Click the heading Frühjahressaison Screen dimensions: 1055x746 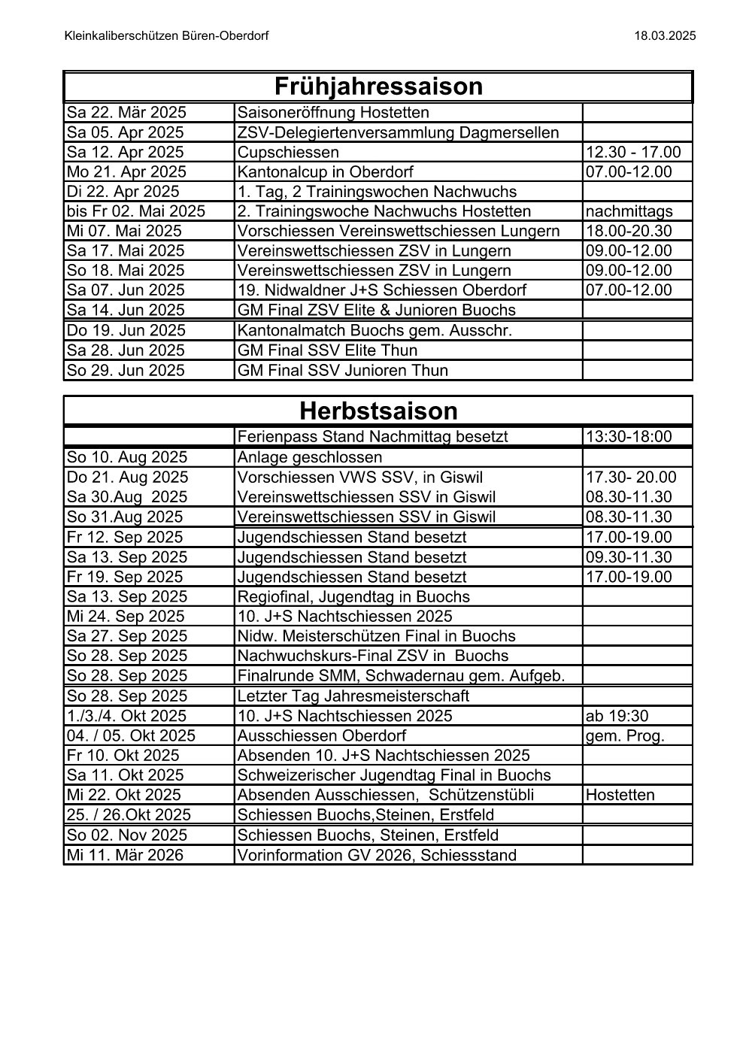(x=378, y=86)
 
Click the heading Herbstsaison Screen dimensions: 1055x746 (x=378, y=411)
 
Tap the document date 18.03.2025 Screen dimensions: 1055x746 (x=665, y=35)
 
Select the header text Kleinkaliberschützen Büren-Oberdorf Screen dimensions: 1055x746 (x=167, y=35)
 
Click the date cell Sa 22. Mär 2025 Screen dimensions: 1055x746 (x=126, y=113)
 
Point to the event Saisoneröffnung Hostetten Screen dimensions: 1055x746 (x=333, y=113)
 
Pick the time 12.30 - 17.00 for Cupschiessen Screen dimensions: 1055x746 (x=633, y=153)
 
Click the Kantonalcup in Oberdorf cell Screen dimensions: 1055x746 (x=325, y=172)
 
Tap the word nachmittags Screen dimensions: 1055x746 (x=629, y=211)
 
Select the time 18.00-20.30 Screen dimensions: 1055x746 (x=629, y=231)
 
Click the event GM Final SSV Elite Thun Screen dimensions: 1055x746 (x=327, y=350)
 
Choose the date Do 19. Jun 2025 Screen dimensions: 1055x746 (x=126, y=330)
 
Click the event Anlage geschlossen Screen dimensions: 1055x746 (x=310, y=457)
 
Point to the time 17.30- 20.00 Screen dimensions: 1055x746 (x=631, y=477)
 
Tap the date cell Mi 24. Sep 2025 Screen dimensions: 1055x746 (x=126, y=616)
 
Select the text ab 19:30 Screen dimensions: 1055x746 (x=617, y=716)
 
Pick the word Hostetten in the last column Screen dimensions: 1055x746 (x=620, y=795)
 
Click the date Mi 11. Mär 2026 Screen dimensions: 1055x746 (x=125, y=855)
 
